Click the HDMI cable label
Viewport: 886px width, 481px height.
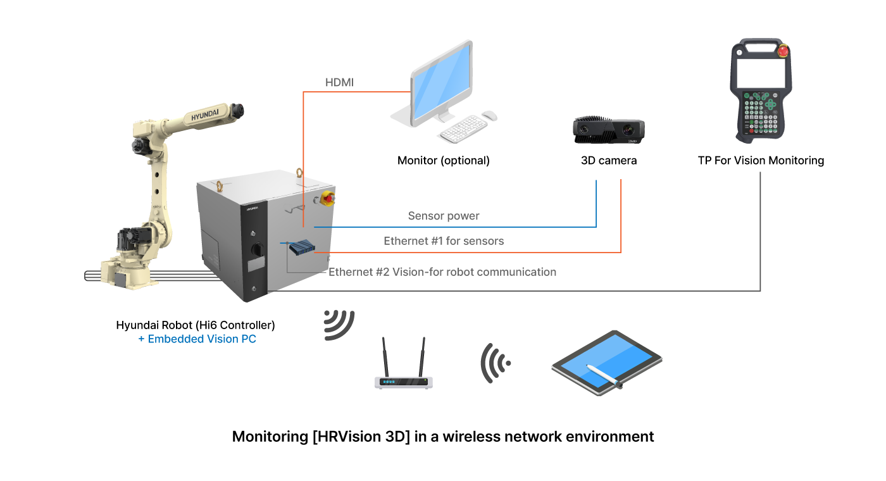click(x=339, y=83)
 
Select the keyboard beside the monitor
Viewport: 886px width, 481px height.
click(x=463, y=130)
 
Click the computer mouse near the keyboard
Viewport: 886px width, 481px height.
click(x=489, y=116)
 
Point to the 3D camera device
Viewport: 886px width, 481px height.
click(x=609, y=131)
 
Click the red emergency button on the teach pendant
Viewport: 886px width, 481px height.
click(x=783, y=51)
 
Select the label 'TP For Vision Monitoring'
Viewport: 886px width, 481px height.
click(x=761, y=161)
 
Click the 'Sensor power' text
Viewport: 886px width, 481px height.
click(x=444, y=216)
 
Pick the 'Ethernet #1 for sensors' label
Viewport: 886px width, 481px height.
click(x=444, y=241)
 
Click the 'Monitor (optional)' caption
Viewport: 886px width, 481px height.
click(x=443, y=161)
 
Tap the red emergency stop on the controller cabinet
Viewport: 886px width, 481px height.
click(x=328, y=197)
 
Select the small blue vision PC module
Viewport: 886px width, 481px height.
click(x=302, y=247)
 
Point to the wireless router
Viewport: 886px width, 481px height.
click(x=404, y=373)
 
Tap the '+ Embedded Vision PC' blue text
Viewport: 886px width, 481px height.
click(x=197, y=339)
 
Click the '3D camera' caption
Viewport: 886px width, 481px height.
click(x=609, y=161)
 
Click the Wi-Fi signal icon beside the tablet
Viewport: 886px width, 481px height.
click(x=494, y=363)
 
